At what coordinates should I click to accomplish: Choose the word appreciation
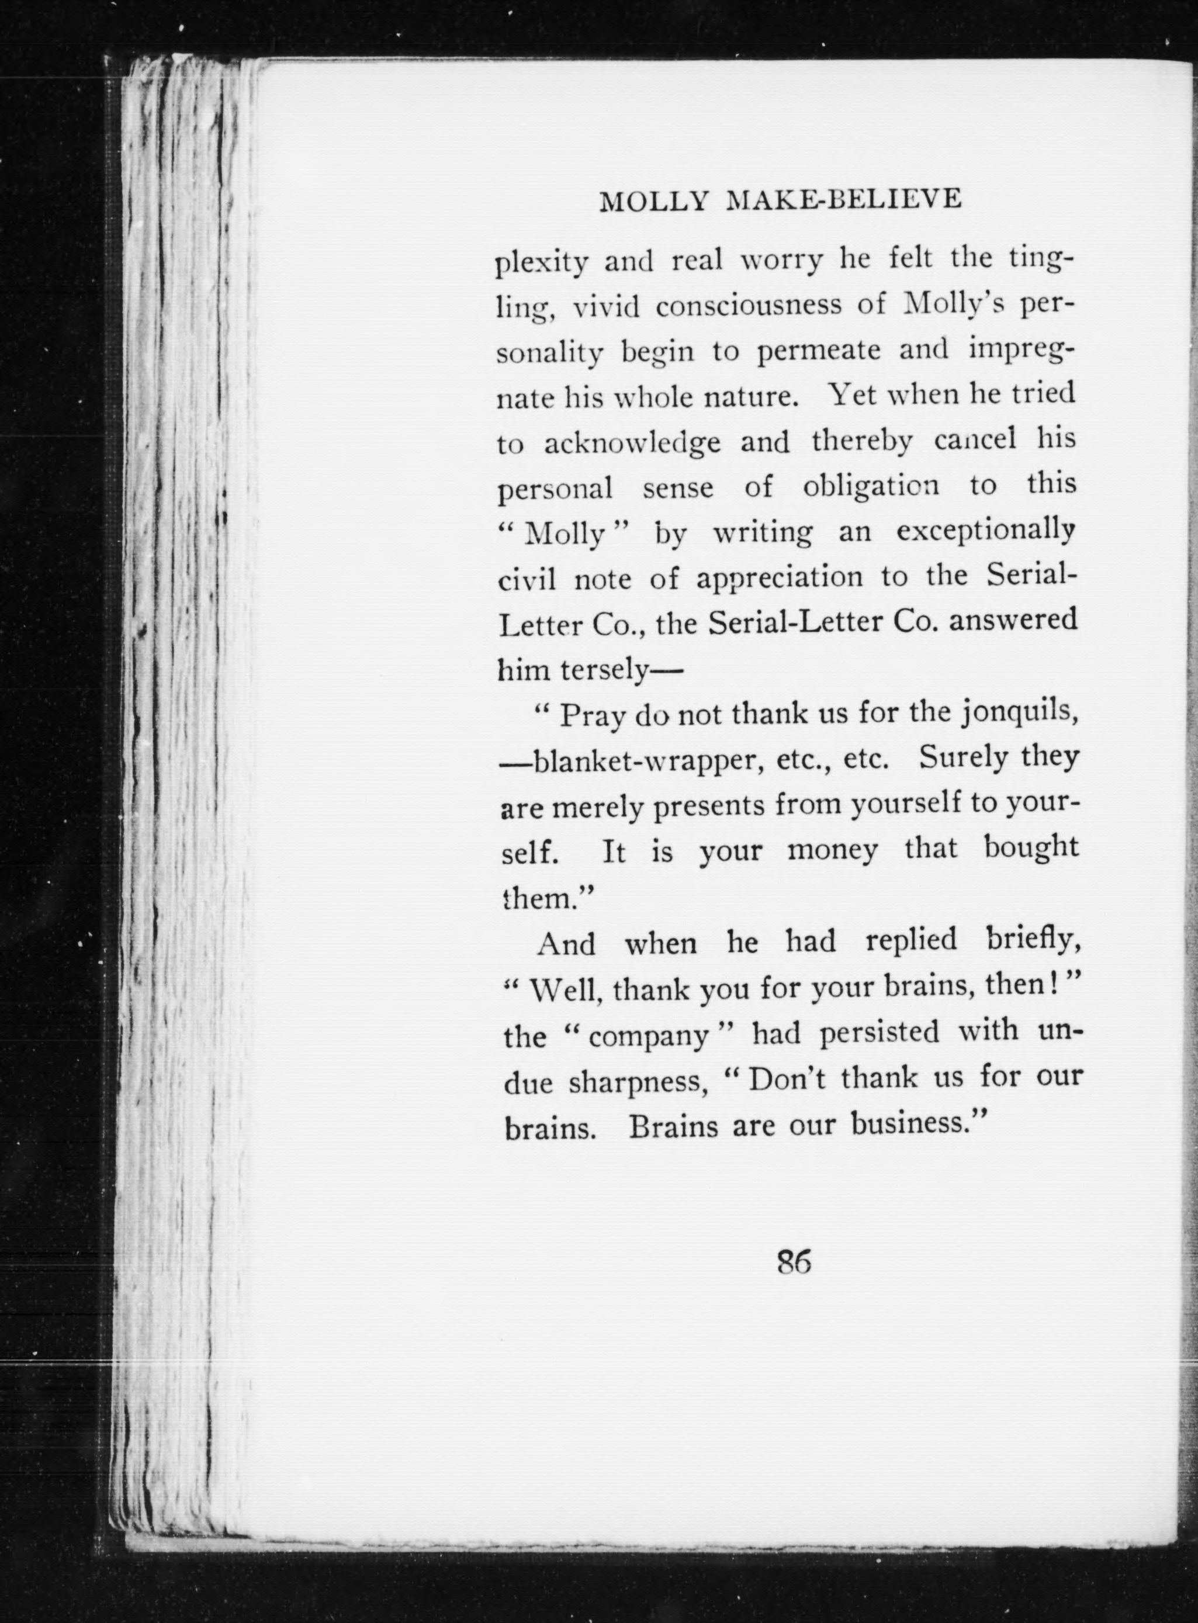coord(780,579)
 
